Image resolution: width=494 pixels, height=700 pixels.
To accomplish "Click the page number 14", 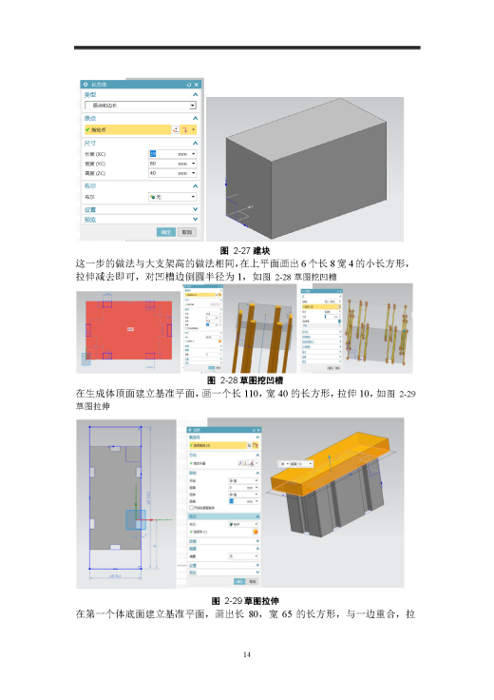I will click(x=247, y=655).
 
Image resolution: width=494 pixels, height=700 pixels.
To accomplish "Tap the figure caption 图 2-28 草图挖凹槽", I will click(x=247, y=379).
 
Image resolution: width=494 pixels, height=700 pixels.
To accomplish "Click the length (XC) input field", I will click(x=171, y=153).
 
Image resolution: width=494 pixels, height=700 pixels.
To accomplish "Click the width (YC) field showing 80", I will click(x=171, y=164).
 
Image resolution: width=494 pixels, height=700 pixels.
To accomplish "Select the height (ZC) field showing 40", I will click(x=171, y=173).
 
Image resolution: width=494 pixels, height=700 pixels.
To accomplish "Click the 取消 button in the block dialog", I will click(x=188, y=231).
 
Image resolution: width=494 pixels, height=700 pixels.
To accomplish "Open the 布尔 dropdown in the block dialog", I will click(x=171, y=196).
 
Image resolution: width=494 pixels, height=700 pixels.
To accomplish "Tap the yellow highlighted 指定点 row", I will click(x=123, y=129).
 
